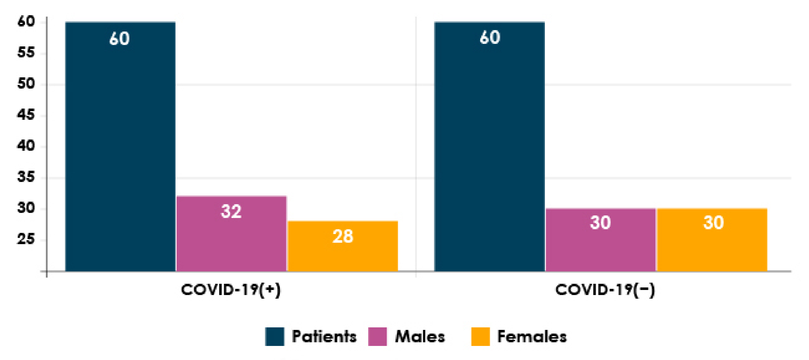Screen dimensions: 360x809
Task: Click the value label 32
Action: [x=231, y=211]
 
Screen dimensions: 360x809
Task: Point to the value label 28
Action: [x=343, y=236]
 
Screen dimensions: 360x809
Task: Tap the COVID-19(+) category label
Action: [x=231, y=290]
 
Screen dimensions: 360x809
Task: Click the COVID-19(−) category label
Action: [x=605, y=290]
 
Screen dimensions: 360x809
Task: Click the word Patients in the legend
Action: [x=324, y=336]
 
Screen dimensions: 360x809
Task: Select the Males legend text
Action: [x=420, y=336]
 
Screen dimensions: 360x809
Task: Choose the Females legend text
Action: [x=532, y=336]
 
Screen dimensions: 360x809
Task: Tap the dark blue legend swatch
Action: [x=275, y=336]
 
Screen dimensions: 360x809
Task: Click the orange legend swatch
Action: [x=480, y=336]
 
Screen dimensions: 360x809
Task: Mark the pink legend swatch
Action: [x=377, y=336]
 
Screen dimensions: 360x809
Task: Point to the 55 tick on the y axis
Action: [x=26, y=53]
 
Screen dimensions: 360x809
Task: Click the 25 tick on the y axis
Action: [x=26, y=239]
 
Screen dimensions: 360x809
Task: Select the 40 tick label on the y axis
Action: [x=26, y=146]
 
